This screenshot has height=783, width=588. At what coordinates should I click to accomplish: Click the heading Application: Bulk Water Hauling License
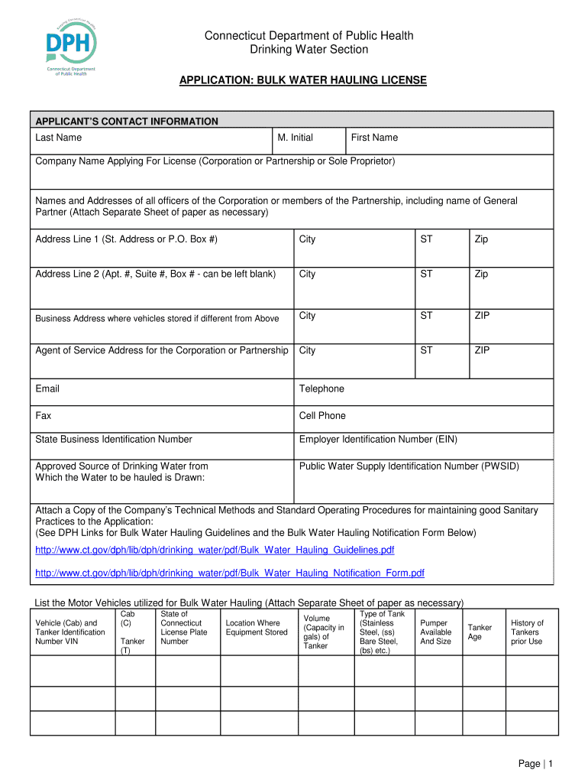[302, 80]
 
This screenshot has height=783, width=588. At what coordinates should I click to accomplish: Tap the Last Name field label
[59, 138]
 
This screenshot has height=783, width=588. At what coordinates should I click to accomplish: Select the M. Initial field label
[296, 138]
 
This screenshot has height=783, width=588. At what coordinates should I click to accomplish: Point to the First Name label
[374, 138]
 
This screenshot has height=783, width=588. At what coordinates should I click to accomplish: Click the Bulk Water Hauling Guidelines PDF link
[215, 551]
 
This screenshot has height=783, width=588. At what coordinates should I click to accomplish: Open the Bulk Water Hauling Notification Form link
[230, 573]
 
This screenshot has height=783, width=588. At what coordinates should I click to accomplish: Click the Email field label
[47, 388]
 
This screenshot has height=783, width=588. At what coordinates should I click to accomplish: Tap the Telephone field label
[321, 388]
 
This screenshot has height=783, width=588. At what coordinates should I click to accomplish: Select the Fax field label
[44, 415]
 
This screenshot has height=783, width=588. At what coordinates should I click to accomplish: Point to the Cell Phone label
[322, 415]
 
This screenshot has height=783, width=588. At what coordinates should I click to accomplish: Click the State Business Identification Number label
[114, 439]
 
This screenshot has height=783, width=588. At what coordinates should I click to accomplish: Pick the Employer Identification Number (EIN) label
[378, 439]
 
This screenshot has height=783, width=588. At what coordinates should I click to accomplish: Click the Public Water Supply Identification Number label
[415, 466]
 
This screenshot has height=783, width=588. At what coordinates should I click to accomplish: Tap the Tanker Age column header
[480, 632]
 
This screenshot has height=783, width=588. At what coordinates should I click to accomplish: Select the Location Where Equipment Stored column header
[257, 628]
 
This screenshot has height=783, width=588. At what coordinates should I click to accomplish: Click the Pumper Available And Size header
[436, 632]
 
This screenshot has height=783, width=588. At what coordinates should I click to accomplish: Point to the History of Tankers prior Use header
[527, 632]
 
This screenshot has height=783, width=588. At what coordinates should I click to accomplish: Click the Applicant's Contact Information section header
[127, 121]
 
